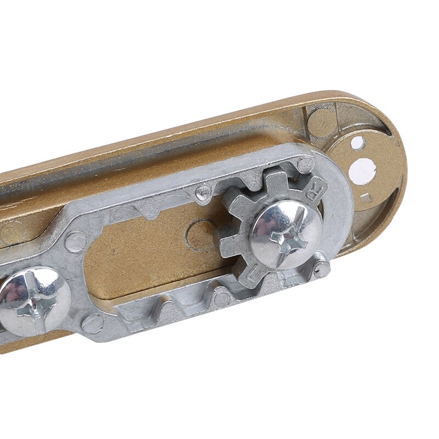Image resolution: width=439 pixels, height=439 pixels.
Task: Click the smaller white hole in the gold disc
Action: (357, 143)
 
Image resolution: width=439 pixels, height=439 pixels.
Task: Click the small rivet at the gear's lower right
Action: (323, 269)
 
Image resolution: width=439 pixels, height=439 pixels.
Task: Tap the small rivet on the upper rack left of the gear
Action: (205, 191)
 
